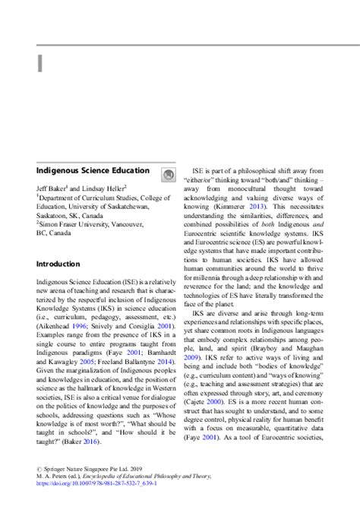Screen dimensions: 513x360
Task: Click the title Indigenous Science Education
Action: point(93,171)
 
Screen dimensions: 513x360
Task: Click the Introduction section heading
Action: point(58,264)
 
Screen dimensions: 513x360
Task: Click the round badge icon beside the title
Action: point(167,175)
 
